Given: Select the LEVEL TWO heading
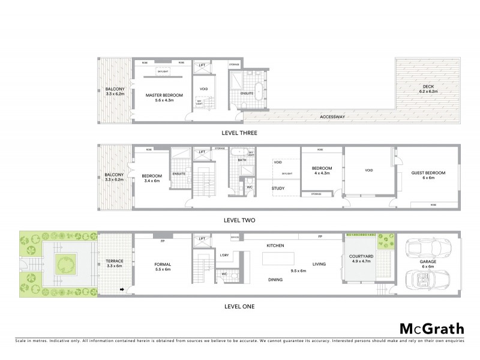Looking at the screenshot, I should click(x=239, y=220).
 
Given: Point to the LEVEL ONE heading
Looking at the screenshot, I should click(x=239, y=306).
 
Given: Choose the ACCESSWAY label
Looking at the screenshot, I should click(x=332, y=116).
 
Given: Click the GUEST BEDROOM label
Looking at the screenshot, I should click(x=428, y=173).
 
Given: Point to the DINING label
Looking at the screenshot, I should click(x=275, y=279).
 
